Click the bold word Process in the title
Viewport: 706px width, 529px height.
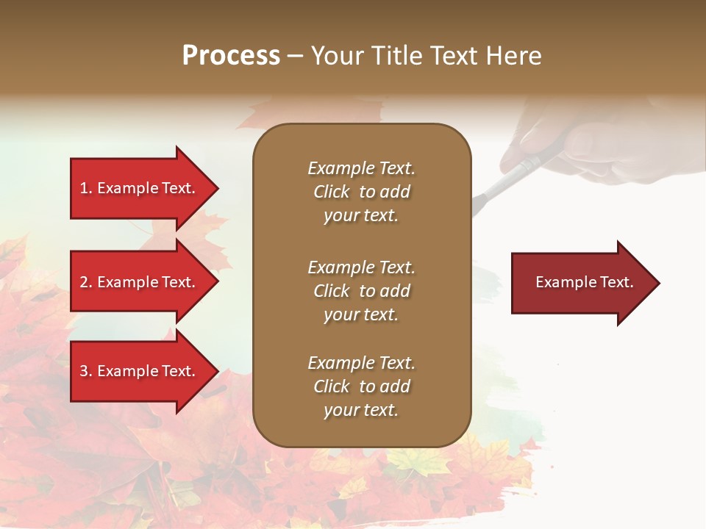pyautogui.click(x=231, y=56)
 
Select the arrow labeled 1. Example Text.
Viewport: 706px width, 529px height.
pyautogui.click(x=140, y=188)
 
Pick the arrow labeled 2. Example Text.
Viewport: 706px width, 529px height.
pyautogui.click(x=140, y=282)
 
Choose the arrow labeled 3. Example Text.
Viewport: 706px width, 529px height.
pyautogui.click(x=140, y=371)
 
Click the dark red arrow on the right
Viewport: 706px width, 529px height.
pyautogui.click(x=581, y=282)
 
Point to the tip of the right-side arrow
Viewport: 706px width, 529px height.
pyautogui.click(x=658, y=283)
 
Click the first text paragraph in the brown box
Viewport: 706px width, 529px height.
pyautogui.click(x=361, y=192)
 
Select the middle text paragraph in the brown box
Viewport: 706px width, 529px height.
pyautogui.click(x=361, y=291)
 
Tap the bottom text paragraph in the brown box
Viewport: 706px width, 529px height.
pyautogui.click(x=361, y=386)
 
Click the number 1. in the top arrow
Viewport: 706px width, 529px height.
pyautogui.click(x=86, y=188)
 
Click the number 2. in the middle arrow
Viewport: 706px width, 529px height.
pyautogui.click(x=86, y=282)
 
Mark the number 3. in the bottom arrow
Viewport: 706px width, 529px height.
pyautogui.click(x=86, y=371)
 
